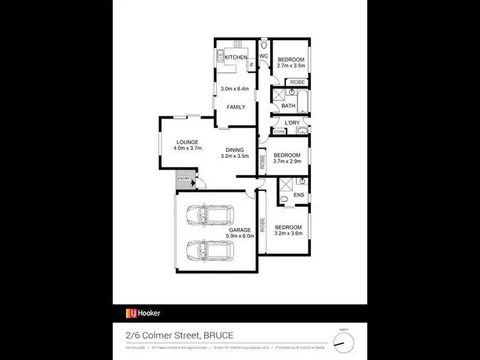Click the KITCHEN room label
tap(236, 58)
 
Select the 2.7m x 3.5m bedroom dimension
tap(291, 65)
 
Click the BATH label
tap(288, 106)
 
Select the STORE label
tap(279, 131)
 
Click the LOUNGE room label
tap(188, 142)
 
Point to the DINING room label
tap(234, 151)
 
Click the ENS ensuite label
tap(299, 195)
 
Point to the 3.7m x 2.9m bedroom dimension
tap(287, 161)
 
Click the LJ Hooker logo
tap(142, 313)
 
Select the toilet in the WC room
tap(263, 45)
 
